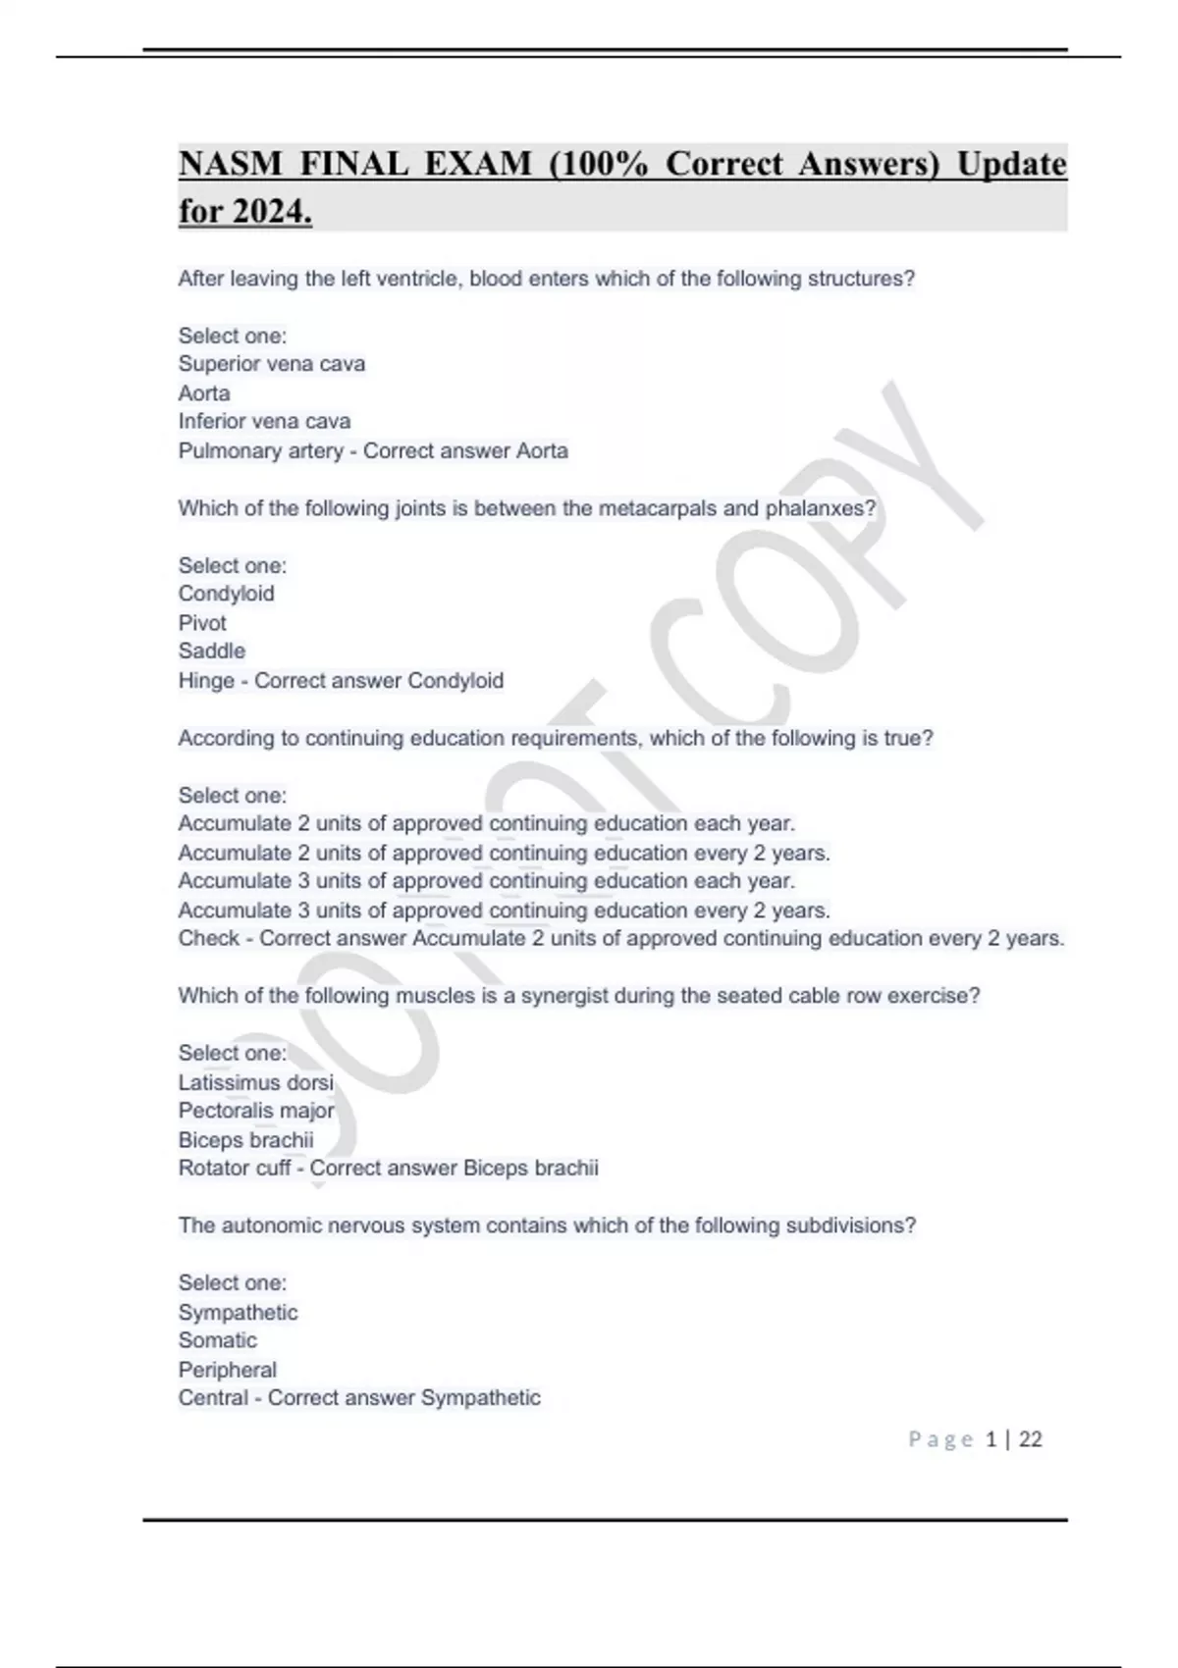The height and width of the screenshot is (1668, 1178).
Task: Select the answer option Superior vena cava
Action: [271, 364]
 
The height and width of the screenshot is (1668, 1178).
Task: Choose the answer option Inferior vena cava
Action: [264, 421]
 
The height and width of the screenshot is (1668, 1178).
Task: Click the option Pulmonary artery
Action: [260, 450]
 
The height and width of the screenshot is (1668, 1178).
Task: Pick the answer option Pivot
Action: [202, 623]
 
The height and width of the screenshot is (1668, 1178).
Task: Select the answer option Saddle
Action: [211, 652]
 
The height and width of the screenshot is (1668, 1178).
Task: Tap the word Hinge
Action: [205, 681]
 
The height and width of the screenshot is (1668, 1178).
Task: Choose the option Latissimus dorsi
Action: [255, 1082]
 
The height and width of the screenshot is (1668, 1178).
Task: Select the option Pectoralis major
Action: [255, 1111]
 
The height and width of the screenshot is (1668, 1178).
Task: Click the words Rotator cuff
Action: [235, 1168]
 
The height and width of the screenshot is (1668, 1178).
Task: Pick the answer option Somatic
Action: [217, 1340]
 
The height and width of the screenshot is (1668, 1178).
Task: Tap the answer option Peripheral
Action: [227, 1370]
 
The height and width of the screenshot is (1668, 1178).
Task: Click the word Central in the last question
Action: [212, 1397]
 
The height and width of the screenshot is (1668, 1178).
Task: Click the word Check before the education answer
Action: [208, 938]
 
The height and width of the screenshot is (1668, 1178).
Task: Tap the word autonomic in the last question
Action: [269, 1225]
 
